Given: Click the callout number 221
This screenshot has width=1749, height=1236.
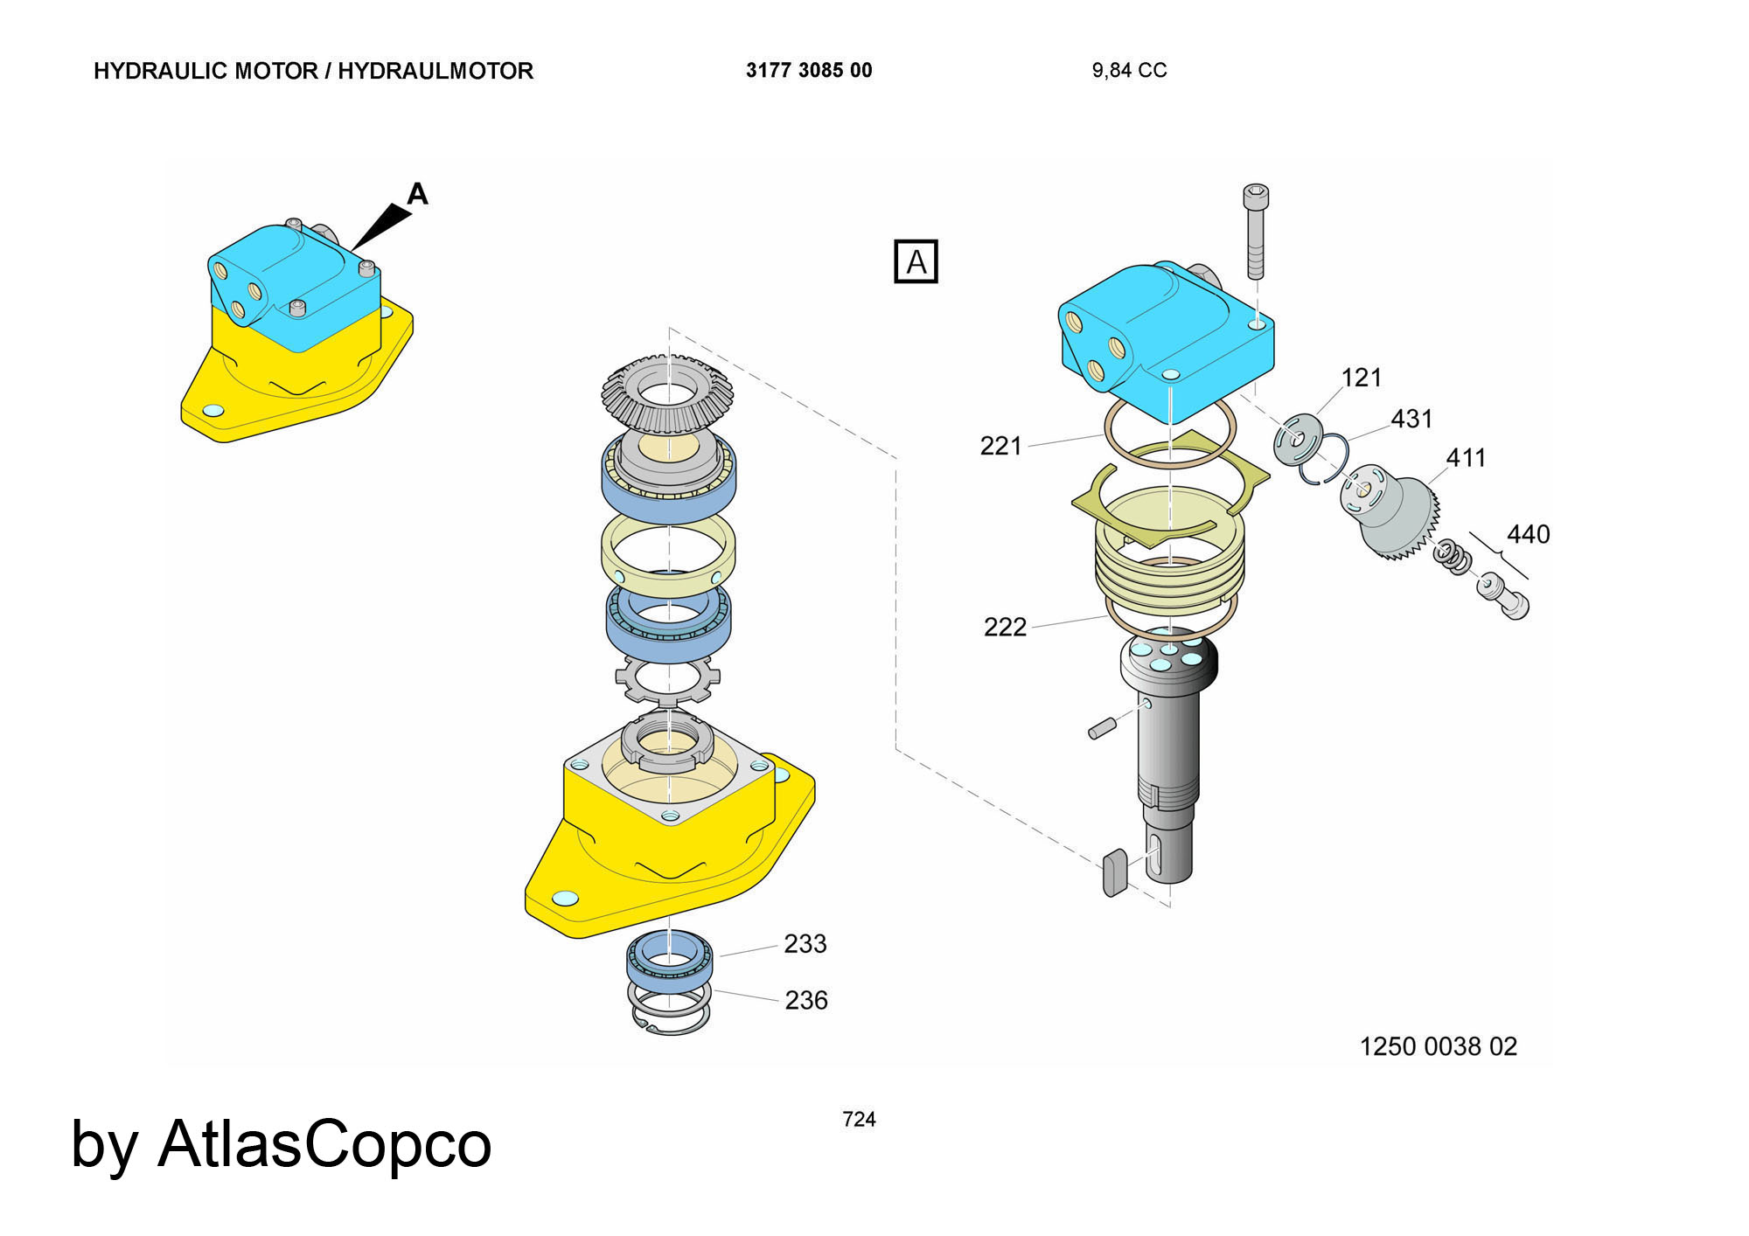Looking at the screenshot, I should click(1000, 447).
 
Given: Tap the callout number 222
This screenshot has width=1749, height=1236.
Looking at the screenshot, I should click(1005, 627).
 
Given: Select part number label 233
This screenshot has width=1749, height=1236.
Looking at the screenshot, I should click(805, 944).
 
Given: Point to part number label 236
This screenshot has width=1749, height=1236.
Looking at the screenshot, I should click(805, 1000).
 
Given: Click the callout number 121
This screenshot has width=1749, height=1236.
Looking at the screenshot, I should click(1361, 378).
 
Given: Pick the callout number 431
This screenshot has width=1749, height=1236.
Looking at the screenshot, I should click(1411, 419).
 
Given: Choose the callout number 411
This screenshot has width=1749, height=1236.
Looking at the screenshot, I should click(1466, 457).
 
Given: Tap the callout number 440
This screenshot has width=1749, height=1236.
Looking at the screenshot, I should click(1528, 534).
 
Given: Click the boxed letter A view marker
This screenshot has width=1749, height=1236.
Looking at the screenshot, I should click(916, 261).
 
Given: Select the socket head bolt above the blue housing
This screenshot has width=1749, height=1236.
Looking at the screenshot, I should click(1256, 231).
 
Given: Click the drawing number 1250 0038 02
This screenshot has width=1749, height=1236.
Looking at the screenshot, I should click(1438, 1046).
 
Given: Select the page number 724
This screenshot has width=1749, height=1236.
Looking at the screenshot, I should click(859, 1119).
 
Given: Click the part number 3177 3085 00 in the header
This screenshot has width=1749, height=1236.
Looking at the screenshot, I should click(809, 71).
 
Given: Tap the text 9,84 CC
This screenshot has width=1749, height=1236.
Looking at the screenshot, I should click(1129, 71).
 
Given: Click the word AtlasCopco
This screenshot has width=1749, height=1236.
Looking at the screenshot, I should click(324, 1144).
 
